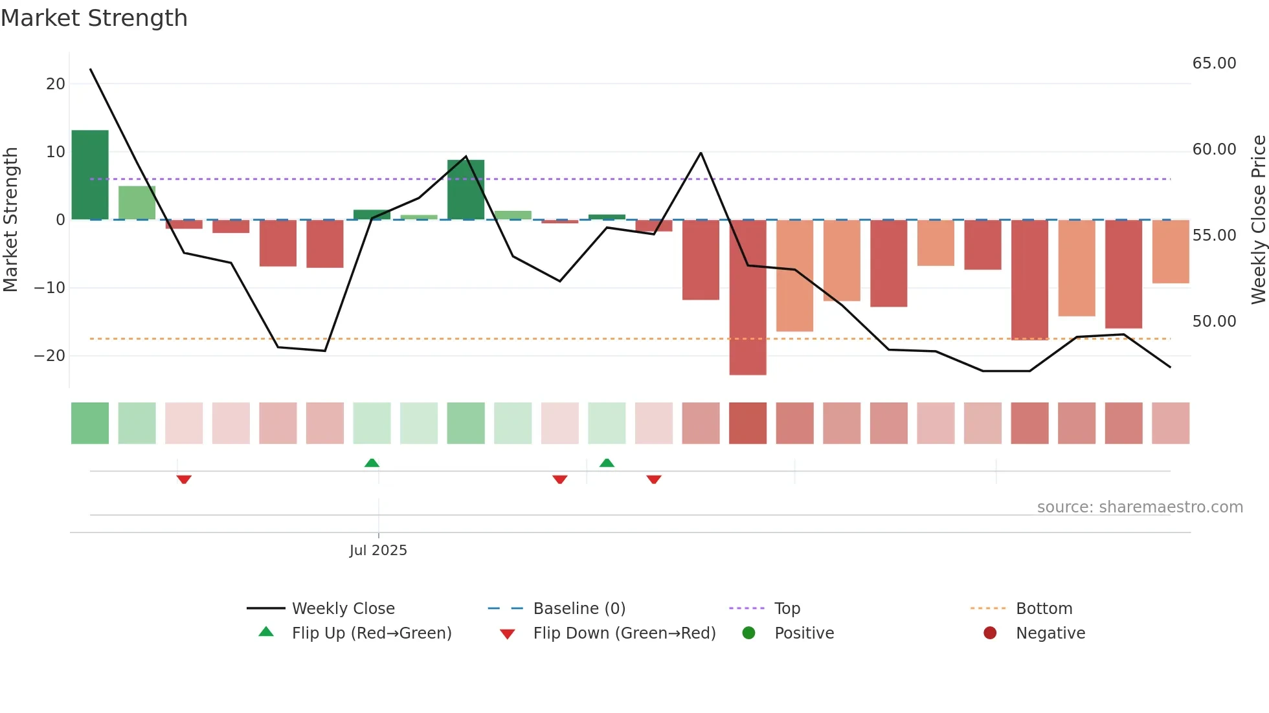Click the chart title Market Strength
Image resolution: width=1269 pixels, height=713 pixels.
(94, 18)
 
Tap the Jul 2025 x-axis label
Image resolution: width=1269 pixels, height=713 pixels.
(378, 551)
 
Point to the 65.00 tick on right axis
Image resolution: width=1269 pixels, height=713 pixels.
(1214, 63)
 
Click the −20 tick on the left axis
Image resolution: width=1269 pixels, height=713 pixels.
(50, 356)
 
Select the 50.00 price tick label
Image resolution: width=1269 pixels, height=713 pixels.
(1214, 322)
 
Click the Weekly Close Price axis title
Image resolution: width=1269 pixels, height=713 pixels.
(1258, 220)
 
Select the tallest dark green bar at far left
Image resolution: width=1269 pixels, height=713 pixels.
(90, 175)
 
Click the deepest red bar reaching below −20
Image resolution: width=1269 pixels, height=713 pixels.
(748, 298)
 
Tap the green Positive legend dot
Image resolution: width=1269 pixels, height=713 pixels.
(749, 633)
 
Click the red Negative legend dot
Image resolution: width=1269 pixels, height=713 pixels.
(990, 633)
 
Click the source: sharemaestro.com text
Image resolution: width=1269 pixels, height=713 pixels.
(1140, 507)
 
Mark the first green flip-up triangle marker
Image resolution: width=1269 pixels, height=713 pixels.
(372, 463)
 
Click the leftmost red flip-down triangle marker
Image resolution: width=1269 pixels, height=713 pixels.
(184, 479)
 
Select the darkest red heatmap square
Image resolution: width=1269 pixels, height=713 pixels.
(748, 423)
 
